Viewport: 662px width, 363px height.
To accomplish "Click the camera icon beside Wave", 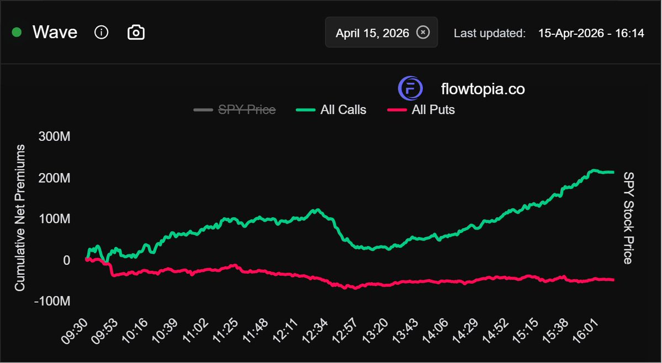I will [x=136, y=33].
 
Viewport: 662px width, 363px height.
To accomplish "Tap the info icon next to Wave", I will [x=101, y=33].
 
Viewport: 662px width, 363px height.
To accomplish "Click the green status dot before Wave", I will [x=17, y=33].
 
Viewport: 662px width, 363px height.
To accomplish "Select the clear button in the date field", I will [x=422, y=33].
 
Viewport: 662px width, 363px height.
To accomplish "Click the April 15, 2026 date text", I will [x=372, y=33].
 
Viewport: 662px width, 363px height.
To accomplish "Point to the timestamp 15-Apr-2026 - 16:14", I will [x=591, y=33].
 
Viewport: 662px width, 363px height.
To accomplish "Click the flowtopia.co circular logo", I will [x=410, y=88].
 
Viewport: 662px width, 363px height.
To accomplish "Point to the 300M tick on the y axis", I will [x=54, y=137].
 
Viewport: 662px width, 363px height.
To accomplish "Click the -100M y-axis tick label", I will [x=52, y=301].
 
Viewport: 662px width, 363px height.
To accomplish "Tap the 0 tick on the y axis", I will [x=66, y=260].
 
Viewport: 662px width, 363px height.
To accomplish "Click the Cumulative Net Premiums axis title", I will [x=20, y=218].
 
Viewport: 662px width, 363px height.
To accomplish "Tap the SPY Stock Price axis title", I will [x=628, y=218].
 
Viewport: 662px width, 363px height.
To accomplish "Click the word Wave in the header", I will [x=55, y=33].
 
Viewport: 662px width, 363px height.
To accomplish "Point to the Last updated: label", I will [x=489, y=33].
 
